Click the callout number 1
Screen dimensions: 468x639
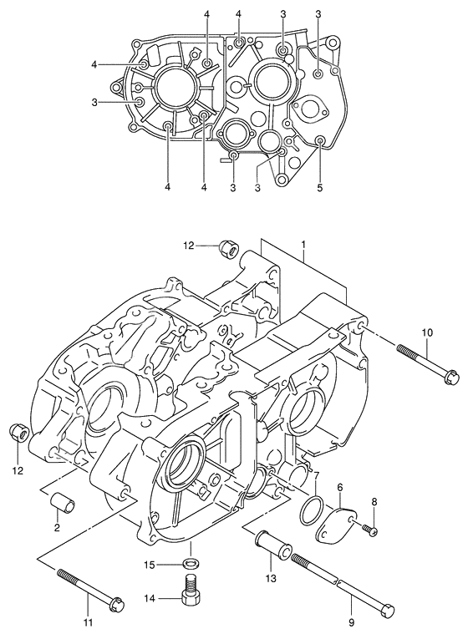pos(303,245)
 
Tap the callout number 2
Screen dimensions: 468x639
pos(57,528)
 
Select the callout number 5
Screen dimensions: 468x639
pos(320,188)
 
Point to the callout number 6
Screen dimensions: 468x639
pos(340,487)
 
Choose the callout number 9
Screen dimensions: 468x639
pos(352,622)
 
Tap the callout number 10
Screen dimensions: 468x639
pos(427,333)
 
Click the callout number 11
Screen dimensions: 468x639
pos(89,622)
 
